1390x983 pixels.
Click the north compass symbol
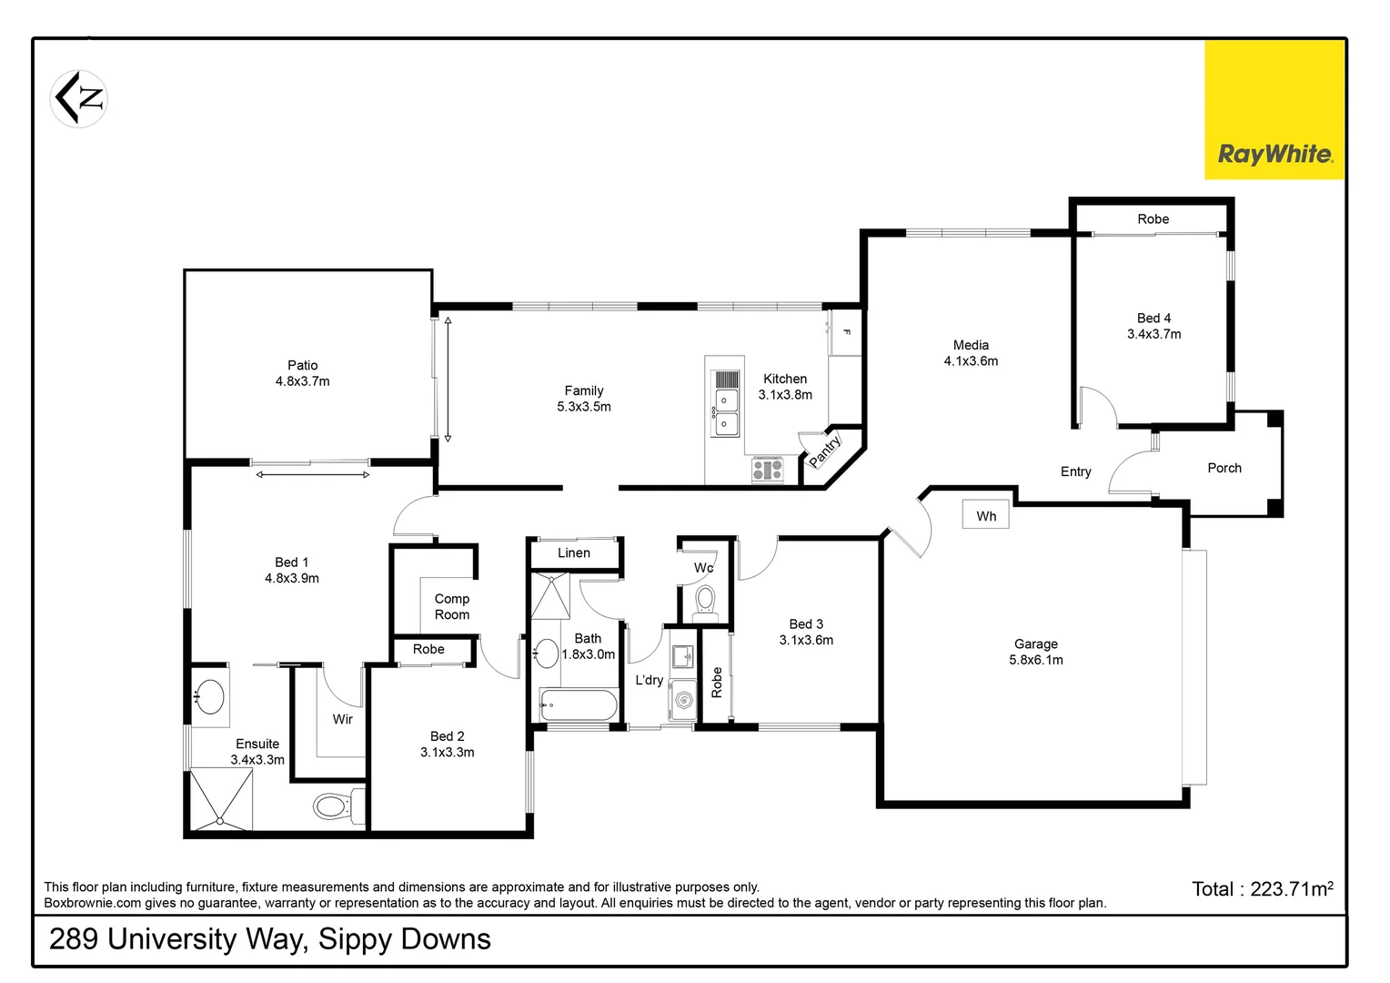click(79, 98)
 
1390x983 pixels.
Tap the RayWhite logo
click(1274, 154)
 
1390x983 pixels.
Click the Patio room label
click(302, 365)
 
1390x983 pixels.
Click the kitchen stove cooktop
click(767, 470)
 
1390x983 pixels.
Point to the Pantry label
click(825, 451)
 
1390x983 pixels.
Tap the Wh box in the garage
click(986, 516)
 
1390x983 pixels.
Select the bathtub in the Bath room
click(579, 704)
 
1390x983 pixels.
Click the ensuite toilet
click(333, 806)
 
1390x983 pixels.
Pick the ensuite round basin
click(211, 697)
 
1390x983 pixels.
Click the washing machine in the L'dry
click(683, 699)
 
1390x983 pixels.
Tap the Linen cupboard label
click(573, 552)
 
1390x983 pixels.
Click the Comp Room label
click(452, 606)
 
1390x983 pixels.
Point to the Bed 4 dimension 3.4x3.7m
click(1153, 334)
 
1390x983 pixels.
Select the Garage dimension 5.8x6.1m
click(1035, 660)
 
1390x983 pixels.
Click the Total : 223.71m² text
click(1262, 889)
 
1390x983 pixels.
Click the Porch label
click(1224, 468)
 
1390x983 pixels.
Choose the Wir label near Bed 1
click(342, 719)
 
